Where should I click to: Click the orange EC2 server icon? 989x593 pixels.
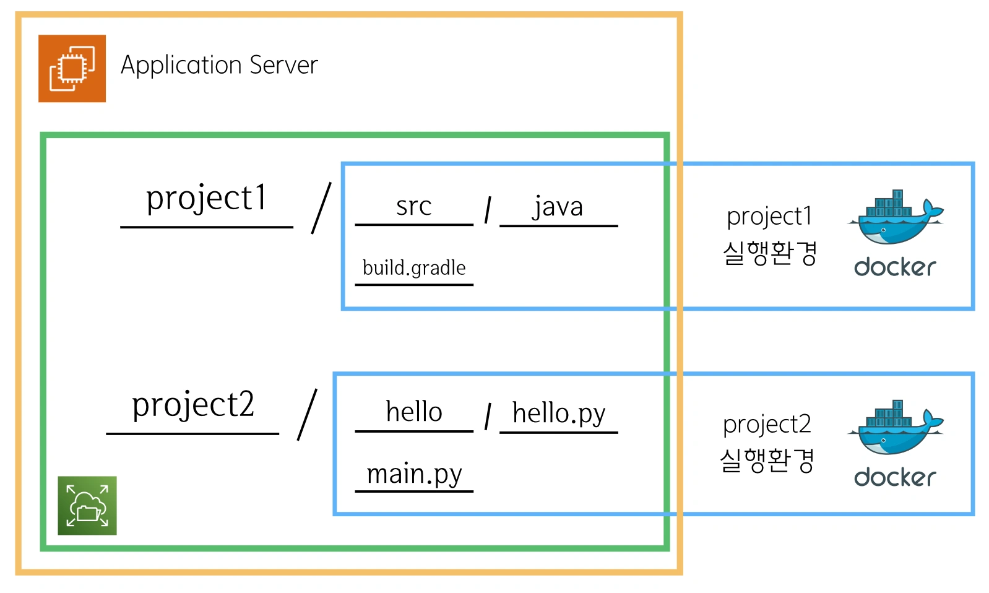(x=72, y=69)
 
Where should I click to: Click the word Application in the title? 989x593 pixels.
(x=181, y=66)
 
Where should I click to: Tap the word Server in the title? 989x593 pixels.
(x=284, y=65)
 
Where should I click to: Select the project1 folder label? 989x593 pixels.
(x=207, y=198)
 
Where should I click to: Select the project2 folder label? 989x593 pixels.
(x=193, y=405)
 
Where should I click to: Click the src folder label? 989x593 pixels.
(x=413, y=206)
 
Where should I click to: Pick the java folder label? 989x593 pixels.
(x=558, y=206)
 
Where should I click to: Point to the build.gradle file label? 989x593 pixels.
(x=414, y=267)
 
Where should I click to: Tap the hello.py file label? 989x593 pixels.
(x=558, y=413)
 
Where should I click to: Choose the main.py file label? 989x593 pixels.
(x=414, y=474)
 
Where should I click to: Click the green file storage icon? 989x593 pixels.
(x=87, y=506)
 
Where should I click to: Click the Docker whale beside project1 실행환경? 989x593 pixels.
(x=896, y=217)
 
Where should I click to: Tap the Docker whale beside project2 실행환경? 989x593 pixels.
(x=896, y=428)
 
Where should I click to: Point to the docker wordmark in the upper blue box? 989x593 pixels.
(x=896, y=267)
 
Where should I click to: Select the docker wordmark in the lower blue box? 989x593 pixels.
(x=896, y=477)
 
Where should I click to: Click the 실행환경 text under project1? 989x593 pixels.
(x=769, y=253)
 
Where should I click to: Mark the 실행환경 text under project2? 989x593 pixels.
(x=767, y=460)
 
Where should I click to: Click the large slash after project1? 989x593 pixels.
(x=321, y=208)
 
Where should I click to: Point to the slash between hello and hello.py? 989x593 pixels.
(x=488, y=417)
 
